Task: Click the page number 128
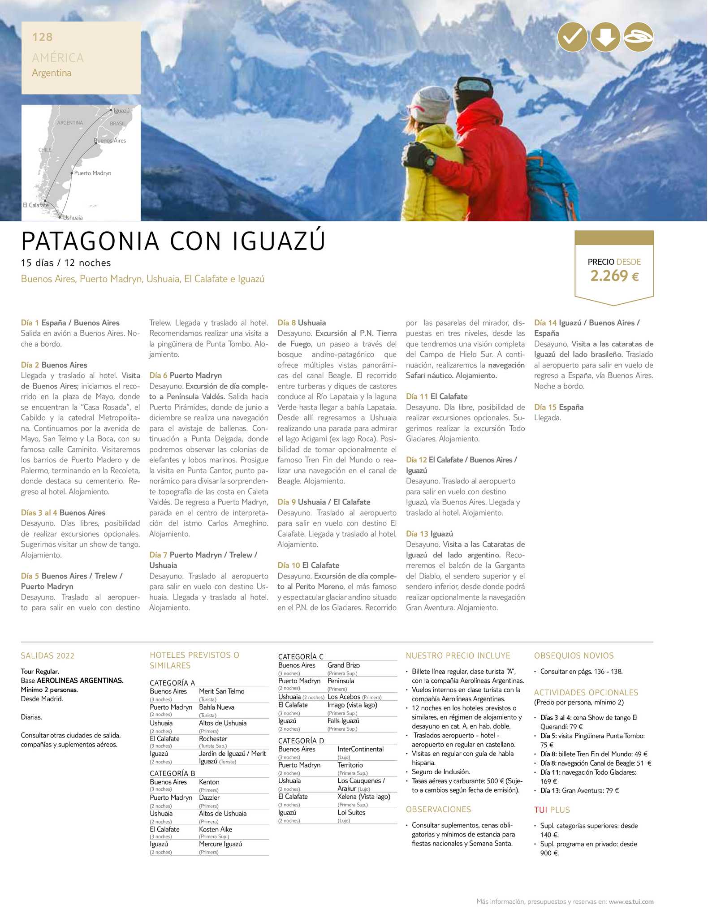(x=42, y=37)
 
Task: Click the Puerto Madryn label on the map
(x=92, y=173)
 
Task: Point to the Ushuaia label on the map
(x=73, y=218)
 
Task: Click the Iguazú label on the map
(x=121, y=111)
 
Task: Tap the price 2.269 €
(x=614, y=276)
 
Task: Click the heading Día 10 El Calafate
(x=308, y=565)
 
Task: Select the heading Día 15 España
(x=558, y=407)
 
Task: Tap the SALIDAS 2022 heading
(x=47, y=656)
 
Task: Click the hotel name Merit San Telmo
(x=221, y=691)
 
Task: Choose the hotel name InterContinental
(x=360, y=749)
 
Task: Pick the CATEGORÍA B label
(x=172, y=773)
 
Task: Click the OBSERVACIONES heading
(x=438, y=810)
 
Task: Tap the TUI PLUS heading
(x=552, y=810)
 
